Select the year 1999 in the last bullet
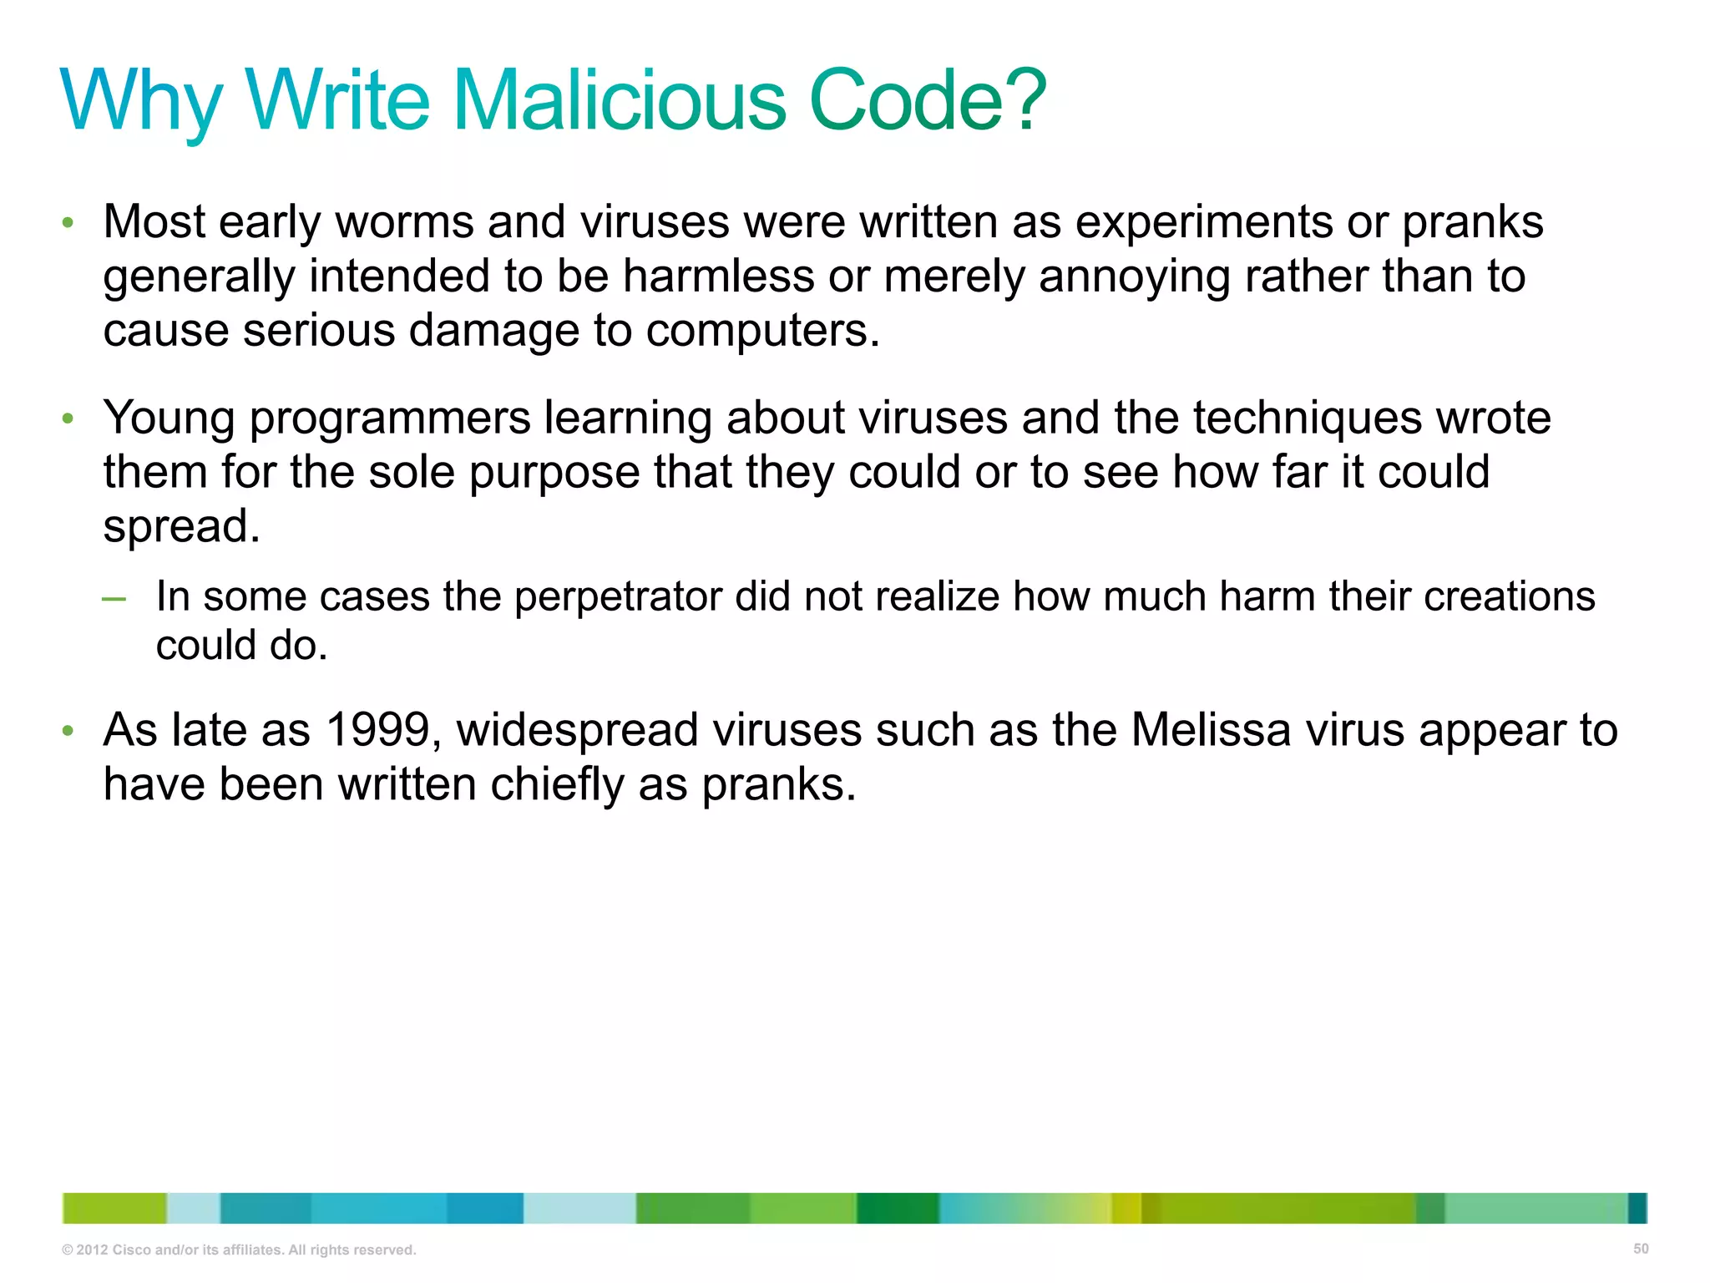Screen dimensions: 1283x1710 click(x=377, y=730)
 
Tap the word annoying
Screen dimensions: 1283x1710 click(x=1135, y=277)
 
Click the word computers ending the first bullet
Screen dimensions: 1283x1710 click(x=762, y=331)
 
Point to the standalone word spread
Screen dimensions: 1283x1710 click(x=181, y=527)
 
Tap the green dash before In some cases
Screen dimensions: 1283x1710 click(x=114, y=599)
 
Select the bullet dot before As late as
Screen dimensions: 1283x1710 click(x=68, y=732)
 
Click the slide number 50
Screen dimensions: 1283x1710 click(x=1640, y=1249)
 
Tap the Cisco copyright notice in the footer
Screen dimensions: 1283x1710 click(x=239, y=1250)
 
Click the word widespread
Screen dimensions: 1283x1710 click(x=577, y=731)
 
